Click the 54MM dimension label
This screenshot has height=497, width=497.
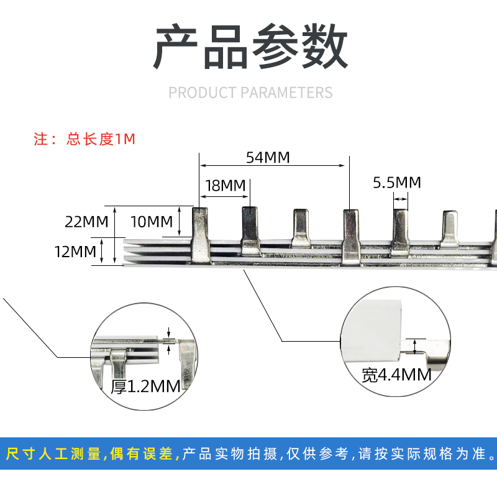[x=268, y=158]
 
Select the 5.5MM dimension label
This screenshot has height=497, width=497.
[x=397, y=183]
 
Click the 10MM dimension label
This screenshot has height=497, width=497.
[x=152, y=221]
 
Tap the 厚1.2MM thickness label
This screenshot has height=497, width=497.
[x=145, y=386]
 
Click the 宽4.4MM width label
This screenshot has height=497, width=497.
[x=396, y=375]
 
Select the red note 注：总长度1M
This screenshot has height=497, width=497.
[x=84, y=139]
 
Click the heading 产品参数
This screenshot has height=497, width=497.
[x=250, y=48]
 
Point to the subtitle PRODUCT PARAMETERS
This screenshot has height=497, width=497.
[x=250, y=93]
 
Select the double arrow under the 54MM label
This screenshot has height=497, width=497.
[x=272, y=166]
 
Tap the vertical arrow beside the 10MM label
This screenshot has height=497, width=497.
[x=180, y=221]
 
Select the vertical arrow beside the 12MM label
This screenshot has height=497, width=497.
[x=115, y=251]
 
